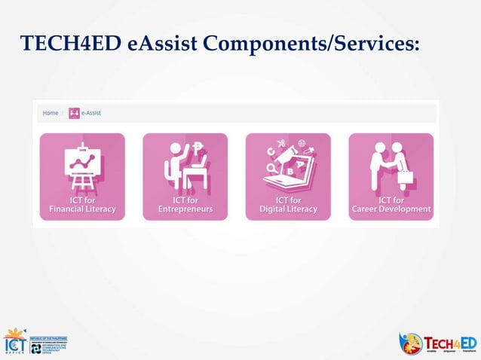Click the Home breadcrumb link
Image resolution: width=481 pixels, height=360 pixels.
[x=51, y=113]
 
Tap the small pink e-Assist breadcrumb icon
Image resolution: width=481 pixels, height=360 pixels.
[x=74, y=113]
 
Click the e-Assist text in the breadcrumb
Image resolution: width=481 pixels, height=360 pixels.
[x=91, y=113]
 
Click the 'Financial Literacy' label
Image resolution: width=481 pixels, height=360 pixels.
[x=82, y=209]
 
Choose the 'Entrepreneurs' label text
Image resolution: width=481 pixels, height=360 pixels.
[x=185, y=209]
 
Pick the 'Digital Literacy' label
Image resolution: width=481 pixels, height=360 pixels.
[x=288, y=209]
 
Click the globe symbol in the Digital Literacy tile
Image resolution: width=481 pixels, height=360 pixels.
[x=302, y=143]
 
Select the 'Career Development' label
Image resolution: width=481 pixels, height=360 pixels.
[x=391, y=209]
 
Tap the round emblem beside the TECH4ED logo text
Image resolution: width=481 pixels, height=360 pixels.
[x=411, y=343]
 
